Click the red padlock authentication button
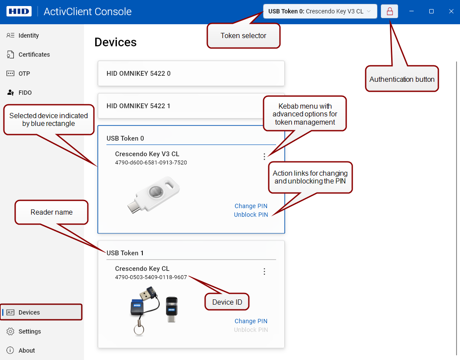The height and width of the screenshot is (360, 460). point(389,11)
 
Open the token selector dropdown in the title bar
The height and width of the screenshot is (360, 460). point(320,11)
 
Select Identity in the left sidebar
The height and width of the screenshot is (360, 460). point(29,35)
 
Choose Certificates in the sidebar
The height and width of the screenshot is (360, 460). point(34,55)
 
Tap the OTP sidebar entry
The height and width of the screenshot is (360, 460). point(24,74)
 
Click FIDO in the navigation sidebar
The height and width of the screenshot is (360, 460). point(25,93)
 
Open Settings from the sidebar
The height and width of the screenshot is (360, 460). point(29,331)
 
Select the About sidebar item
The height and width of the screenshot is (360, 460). point(27,350)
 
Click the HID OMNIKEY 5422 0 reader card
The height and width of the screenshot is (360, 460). point(191,74)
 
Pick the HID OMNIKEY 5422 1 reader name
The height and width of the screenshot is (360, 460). point(138,106)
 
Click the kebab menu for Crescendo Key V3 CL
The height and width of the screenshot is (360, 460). point(264,157)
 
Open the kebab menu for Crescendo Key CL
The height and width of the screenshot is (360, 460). point(264,271)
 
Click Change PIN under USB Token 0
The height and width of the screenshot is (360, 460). point(251,206)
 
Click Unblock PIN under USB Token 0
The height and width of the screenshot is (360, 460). point(251,215)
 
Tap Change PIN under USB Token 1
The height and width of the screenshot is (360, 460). point(251,321)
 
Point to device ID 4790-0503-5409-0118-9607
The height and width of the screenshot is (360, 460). point(151,277)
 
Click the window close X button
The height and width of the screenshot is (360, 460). point(451,11)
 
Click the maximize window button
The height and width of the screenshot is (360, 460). point(431,11)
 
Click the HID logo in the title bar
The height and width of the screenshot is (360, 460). point(19,11)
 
